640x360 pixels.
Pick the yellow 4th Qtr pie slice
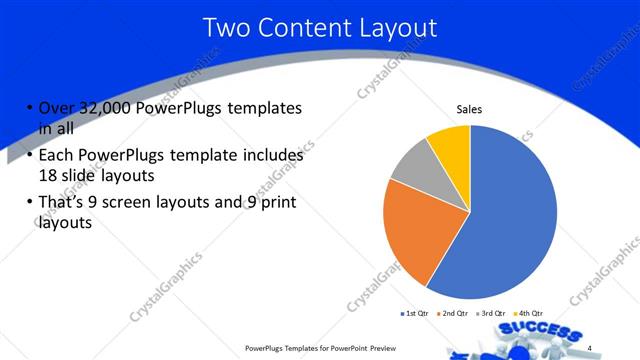(451, 145)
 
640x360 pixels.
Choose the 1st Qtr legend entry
(415, 315)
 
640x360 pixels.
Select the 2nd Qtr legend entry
(454, 315)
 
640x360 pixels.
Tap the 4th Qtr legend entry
(528, 315)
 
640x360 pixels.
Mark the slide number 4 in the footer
(589, 348)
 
